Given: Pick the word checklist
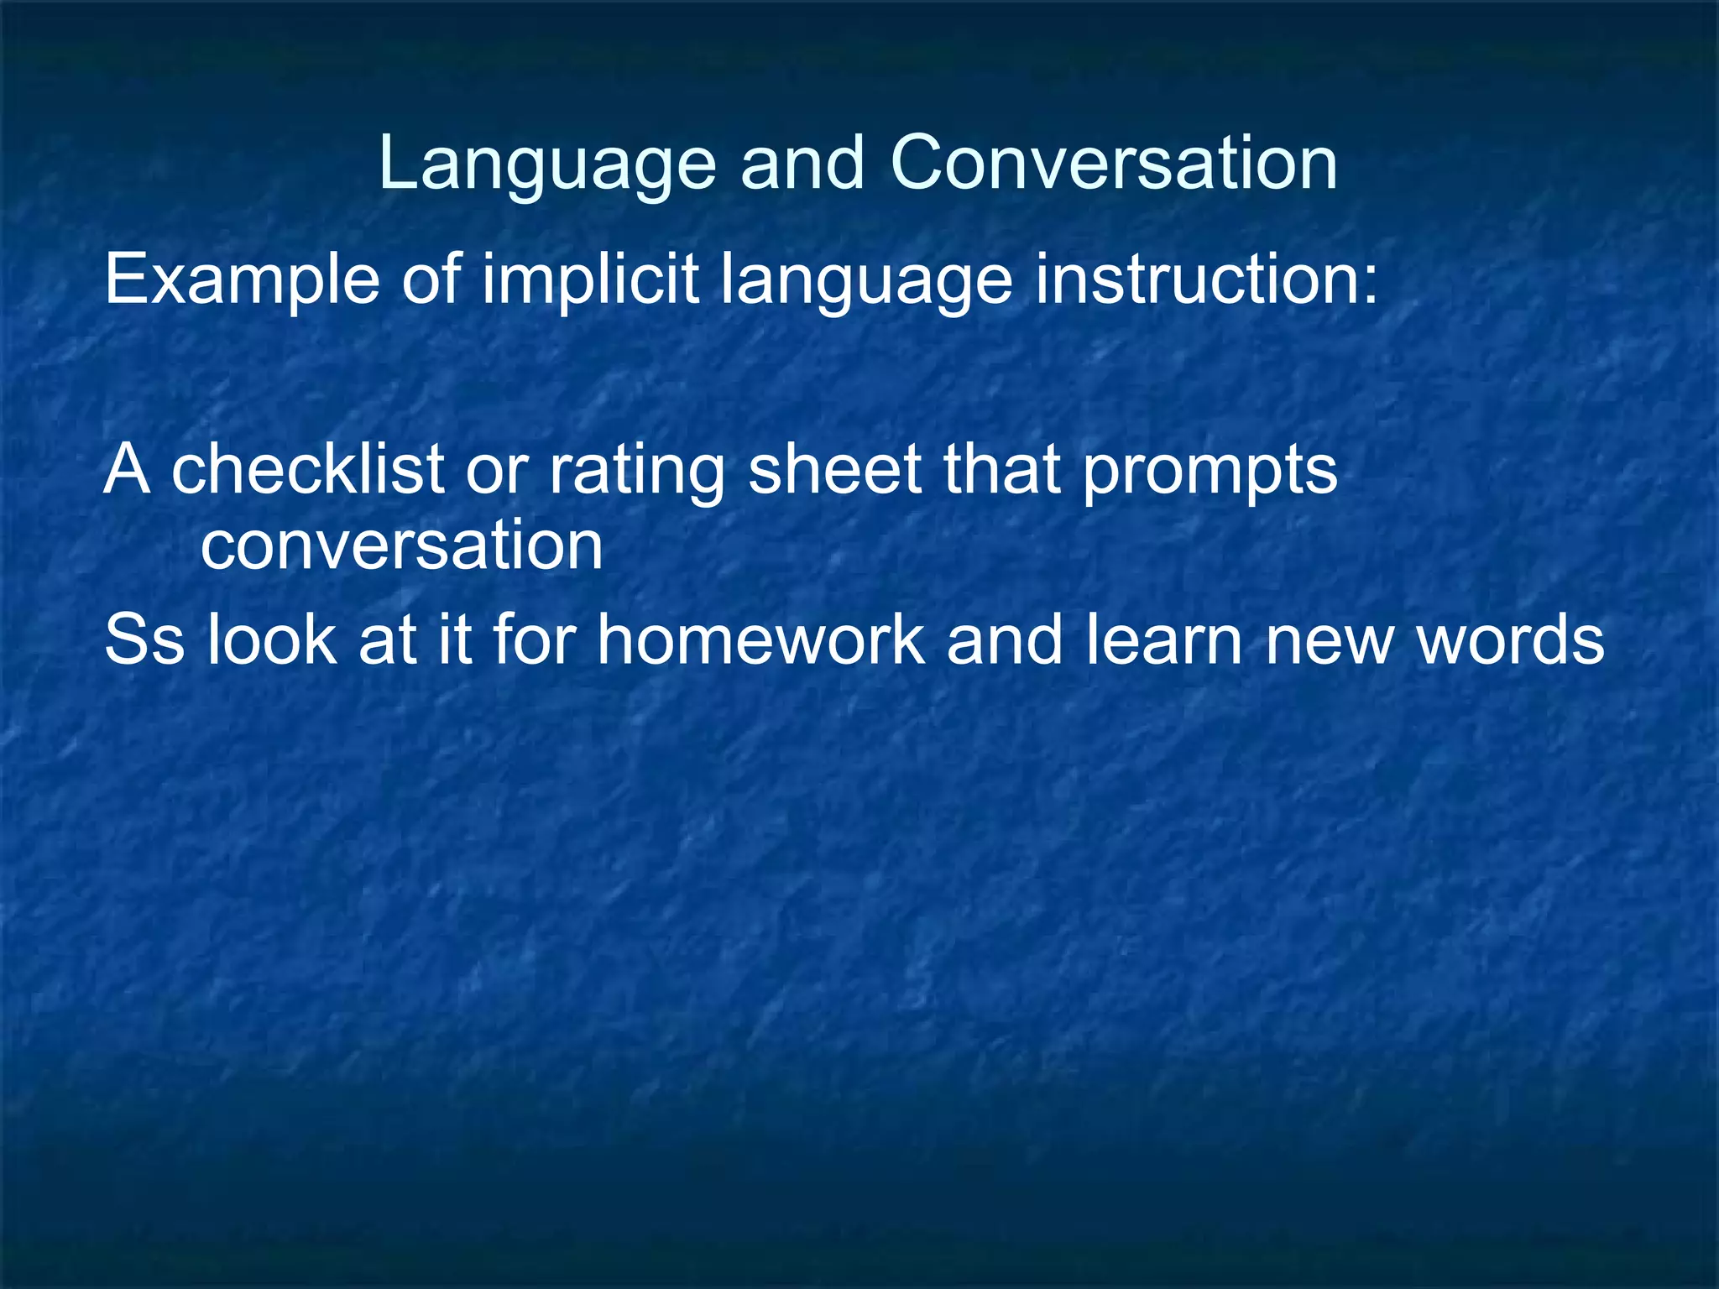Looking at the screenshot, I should click(307, 470).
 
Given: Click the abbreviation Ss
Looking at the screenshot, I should click(144, 639).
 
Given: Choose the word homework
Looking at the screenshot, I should click(760, 639).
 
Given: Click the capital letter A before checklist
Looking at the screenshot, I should click(127, 470).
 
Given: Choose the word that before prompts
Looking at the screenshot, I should click(1002, 470).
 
